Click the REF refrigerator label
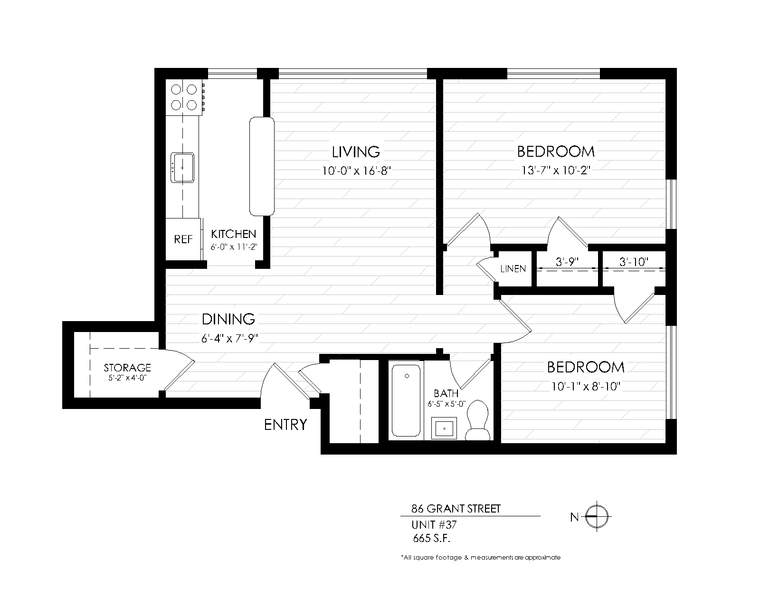pos(183,239)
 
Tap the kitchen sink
pos(182,168)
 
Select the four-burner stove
pos(184,97)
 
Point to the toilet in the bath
pos(477,420)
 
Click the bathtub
pos(406,400)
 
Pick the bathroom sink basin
pos(444,428)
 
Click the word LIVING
pos(356,152)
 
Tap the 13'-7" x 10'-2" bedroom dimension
pos(556,171)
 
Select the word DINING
pos(228,319)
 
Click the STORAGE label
pos(127,368)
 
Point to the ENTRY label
pos(285,425)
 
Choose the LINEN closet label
pos(513,269)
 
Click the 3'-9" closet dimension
pos(567,262)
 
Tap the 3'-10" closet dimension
pos(634,262)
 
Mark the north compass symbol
pos(597,516)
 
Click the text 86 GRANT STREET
pos(456,509)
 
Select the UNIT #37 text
pos(434,524)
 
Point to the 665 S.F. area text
pos(432,538)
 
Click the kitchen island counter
pos(262,166)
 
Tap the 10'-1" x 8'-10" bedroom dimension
pos(586,387)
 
